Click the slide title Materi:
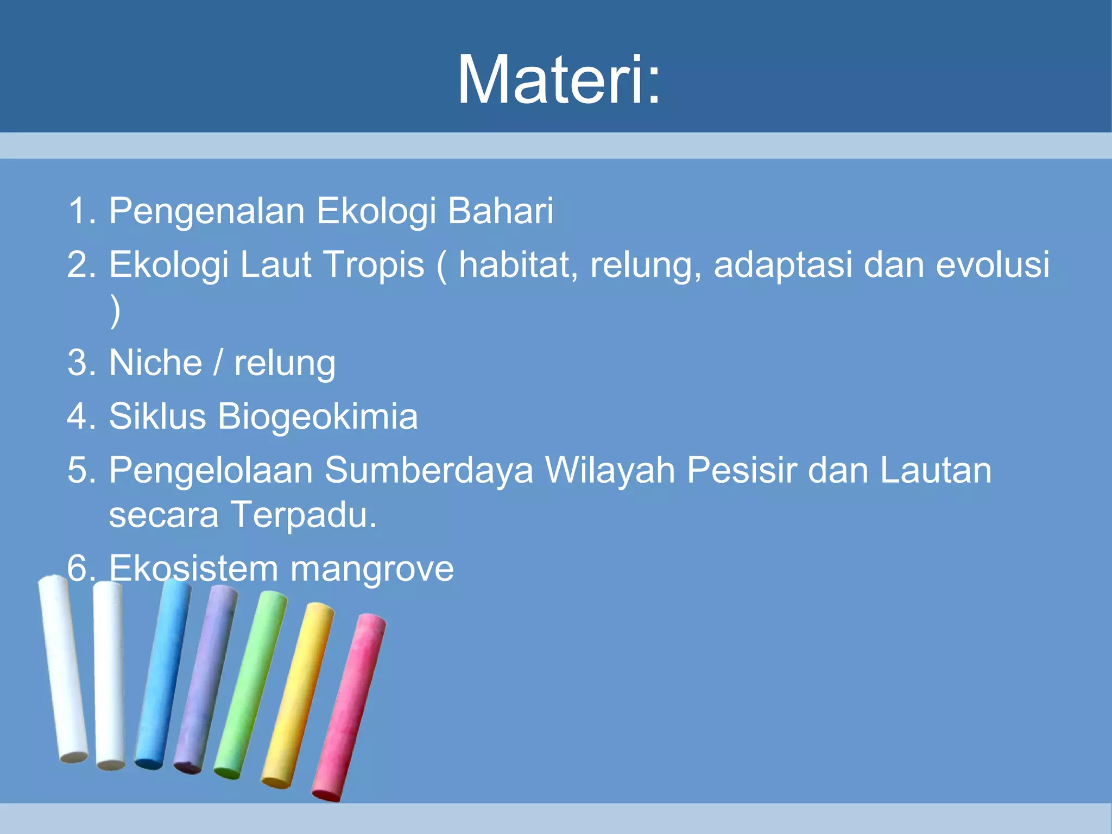tap(559, 80)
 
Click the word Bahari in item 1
tap(500, 211)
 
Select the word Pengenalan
tap(206, 211)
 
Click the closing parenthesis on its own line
tap(115, 311)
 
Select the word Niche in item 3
tap(156, 363)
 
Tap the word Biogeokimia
tap(318, 416)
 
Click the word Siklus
tap(157, 416)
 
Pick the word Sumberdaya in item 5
tap(429, 470)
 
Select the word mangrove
tap(372, 568)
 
